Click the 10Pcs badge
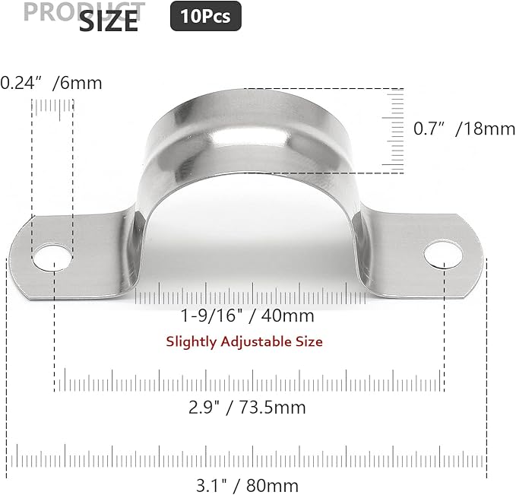(x=205, y=16)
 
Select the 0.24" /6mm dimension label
(x=51, y=83)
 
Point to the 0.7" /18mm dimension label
(x=464, y=129)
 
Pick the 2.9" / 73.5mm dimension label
(x=248, y=407)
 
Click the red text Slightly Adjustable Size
(x=244, y=341)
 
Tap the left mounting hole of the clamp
(x=49, y=255)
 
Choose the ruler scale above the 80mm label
(x=248, y=459)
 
